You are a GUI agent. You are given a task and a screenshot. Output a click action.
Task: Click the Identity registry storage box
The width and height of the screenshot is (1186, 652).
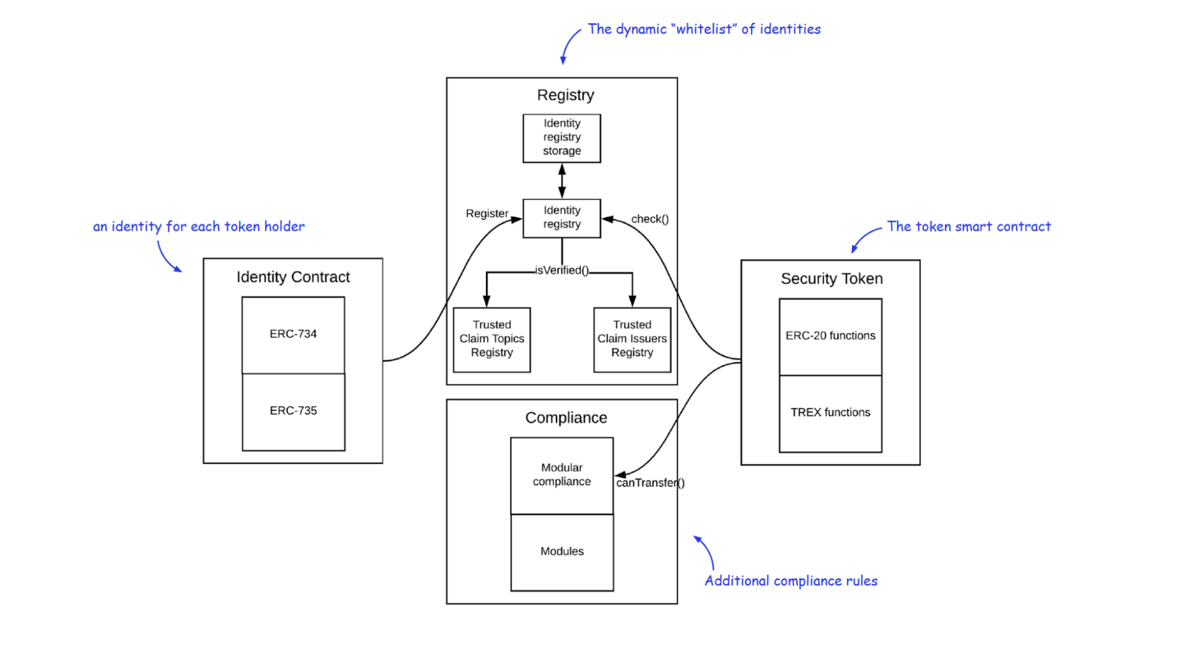(561, 138)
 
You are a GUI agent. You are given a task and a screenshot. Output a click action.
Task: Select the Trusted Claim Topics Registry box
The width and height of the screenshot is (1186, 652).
(492, 340)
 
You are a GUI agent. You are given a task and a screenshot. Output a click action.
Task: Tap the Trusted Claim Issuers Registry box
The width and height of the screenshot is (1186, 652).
(632, 340)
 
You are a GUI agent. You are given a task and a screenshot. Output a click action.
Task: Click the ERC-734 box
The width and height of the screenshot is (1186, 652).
(293, 335)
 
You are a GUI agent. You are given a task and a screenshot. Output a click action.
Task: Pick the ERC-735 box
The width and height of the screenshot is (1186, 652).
(293, 412)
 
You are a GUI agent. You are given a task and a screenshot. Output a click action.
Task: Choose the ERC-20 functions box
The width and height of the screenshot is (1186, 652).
(831, 337)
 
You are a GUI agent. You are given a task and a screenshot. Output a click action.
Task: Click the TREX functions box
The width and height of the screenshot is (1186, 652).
(831, 414)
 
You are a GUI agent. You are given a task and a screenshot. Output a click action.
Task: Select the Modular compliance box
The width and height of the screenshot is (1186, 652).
(562, 476)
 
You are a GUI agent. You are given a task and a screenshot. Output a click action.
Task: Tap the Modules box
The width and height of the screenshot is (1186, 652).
(562, 552)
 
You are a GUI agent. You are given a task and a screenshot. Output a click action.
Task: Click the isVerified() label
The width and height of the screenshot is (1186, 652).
(562, 271)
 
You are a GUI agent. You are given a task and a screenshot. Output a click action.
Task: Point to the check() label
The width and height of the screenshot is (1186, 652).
(650, 219)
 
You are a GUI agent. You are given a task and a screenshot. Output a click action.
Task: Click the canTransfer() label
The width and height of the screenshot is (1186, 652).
(650, 483)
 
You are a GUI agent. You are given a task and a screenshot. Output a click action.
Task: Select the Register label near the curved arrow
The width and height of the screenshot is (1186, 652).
(487, 214)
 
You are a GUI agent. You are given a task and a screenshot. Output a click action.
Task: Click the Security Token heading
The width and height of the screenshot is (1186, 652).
(832, 279)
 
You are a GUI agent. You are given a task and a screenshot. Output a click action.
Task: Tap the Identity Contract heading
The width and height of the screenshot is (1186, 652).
(293, 277)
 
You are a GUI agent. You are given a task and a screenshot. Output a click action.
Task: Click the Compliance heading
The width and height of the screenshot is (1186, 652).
(566, 418)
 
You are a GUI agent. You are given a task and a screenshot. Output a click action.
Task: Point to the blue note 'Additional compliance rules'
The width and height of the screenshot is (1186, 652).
(791, 581)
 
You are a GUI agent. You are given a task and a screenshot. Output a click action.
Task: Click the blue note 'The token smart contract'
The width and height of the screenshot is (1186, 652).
(969, 227)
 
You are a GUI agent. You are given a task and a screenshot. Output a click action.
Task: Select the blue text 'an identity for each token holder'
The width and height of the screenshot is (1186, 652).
(199, 227)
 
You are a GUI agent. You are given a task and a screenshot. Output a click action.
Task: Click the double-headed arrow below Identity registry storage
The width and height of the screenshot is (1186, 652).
(562, 181)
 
